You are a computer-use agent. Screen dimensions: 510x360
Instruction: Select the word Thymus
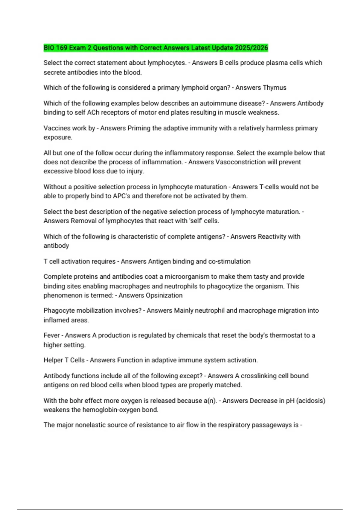point(274,88)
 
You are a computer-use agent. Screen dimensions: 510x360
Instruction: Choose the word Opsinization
point(164,295)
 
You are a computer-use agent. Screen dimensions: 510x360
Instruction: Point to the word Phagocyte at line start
point(58,310)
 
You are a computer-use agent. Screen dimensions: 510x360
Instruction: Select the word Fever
point(51,335)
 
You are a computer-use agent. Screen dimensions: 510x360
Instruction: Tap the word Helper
point(53,360)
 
